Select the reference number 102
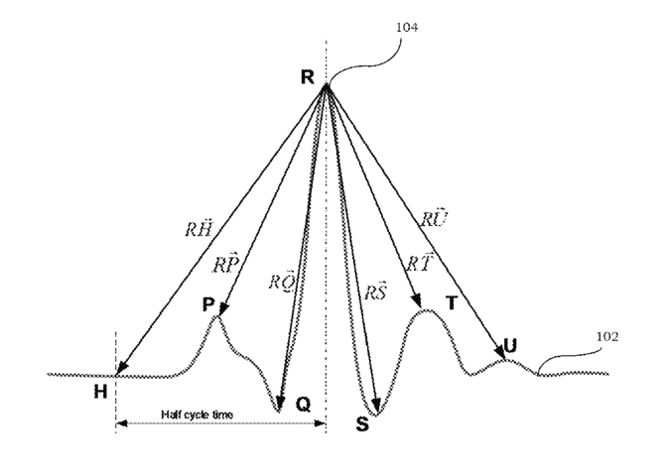608,336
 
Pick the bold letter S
361,424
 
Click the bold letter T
452,303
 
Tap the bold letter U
511,345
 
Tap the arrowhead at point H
120,374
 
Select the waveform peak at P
217,316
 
